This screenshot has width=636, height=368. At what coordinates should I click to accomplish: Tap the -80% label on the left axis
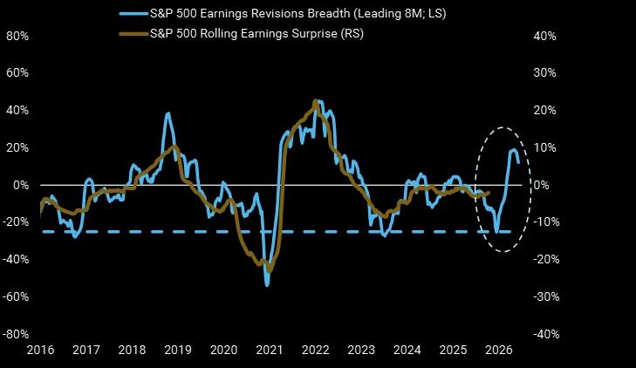pyautogui.click(x=17, y=334)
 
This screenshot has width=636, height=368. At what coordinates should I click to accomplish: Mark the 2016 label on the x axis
pyautogui.click(x=41, y=351)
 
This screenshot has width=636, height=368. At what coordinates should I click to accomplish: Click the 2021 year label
pyautogui.click(x=270, y=351)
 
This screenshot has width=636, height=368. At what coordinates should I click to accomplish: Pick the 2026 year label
pyautogui.click(x=497, y=351)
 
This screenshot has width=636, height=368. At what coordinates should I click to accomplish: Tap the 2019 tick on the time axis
pyautogui.click(x=178, y=351)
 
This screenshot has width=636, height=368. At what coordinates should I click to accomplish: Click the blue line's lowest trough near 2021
pyautogui.click(x=267, y=285)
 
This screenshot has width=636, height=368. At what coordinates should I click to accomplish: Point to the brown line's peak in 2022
pyautogui.click(x=315, y=103)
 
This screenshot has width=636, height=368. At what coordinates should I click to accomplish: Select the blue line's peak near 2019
pyautogui.click(x=168, y=113)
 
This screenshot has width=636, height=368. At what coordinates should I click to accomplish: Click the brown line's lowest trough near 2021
pyautogui.click(x=269, y=271)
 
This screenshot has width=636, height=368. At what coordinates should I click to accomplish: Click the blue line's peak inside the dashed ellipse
pyautogui.click(x=513, y=150)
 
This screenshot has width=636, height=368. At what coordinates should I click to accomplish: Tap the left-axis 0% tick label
pyautogui.click(x=21, y=185)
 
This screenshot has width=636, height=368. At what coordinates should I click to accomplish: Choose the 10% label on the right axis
pyautogui.click(x=544, y=147)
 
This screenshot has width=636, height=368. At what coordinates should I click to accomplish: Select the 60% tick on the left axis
pyautogui.click(x=17, y=73)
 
